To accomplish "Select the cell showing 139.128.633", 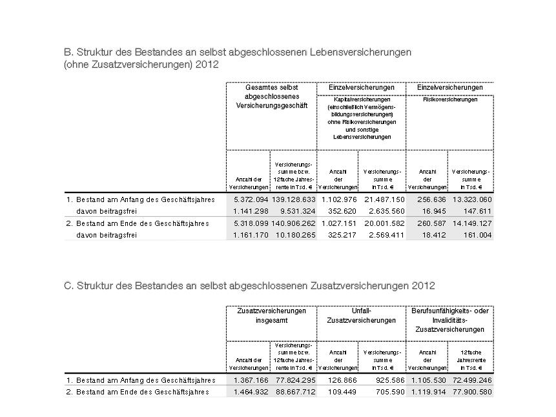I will [x=294, y=200].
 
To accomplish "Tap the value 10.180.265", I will [x=294, y=235].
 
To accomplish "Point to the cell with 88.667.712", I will [x=294, y=392].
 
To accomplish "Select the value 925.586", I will [x=389, y=380].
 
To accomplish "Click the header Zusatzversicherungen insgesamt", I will [x=271, y=315].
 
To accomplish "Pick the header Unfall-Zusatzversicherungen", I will [x=361, y=315].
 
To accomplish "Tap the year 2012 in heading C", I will [x=423, y=285].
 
